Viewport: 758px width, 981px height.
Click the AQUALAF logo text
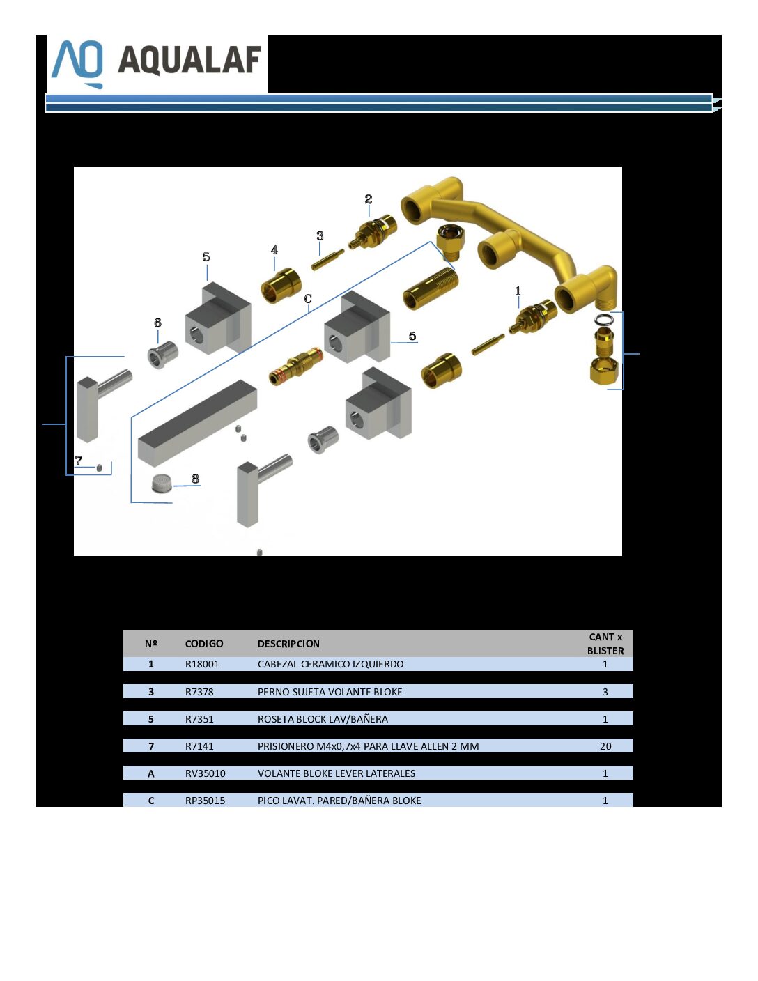(189, 60)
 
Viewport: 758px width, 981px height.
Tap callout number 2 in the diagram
(369, 199)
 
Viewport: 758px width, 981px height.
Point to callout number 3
(320, 235)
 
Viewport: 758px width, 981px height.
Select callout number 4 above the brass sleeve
(274, 249)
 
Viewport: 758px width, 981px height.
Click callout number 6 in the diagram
(157, 323)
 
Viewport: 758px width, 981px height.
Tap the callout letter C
(308, 298)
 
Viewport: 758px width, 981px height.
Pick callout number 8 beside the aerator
(195, 479)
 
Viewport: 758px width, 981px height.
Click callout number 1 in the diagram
(518, 291)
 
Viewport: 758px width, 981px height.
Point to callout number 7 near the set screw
(79, 460)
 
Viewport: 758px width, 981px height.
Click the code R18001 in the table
(202, 664)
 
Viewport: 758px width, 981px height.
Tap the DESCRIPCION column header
(288, 644)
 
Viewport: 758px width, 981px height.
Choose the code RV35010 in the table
(205, 773)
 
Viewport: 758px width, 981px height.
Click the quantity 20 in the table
(605, 746)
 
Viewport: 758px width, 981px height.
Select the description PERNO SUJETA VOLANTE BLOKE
(330, 692)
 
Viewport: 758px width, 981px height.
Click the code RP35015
(205, 801)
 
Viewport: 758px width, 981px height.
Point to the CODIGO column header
(204, 644)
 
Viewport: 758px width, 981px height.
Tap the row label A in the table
(150, 773)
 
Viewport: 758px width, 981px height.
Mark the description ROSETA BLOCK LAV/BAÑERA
(323, 719)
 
